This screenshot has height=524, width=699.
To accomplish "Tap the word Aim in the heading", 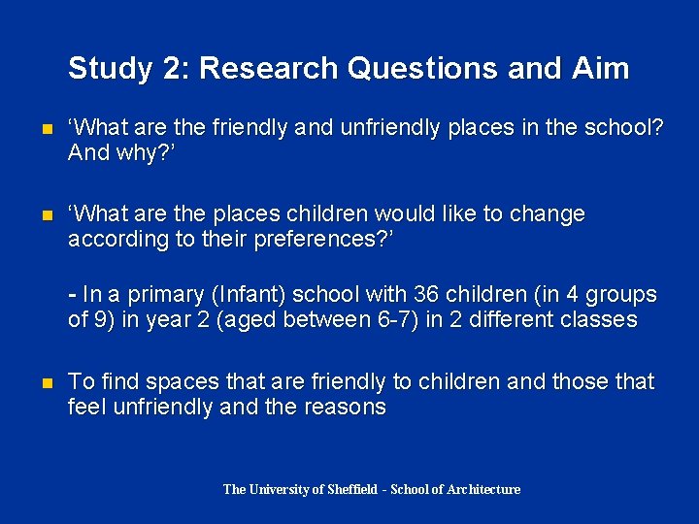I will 601,69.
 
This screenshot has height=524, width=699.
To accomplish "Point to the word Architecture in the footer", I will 483,490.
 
